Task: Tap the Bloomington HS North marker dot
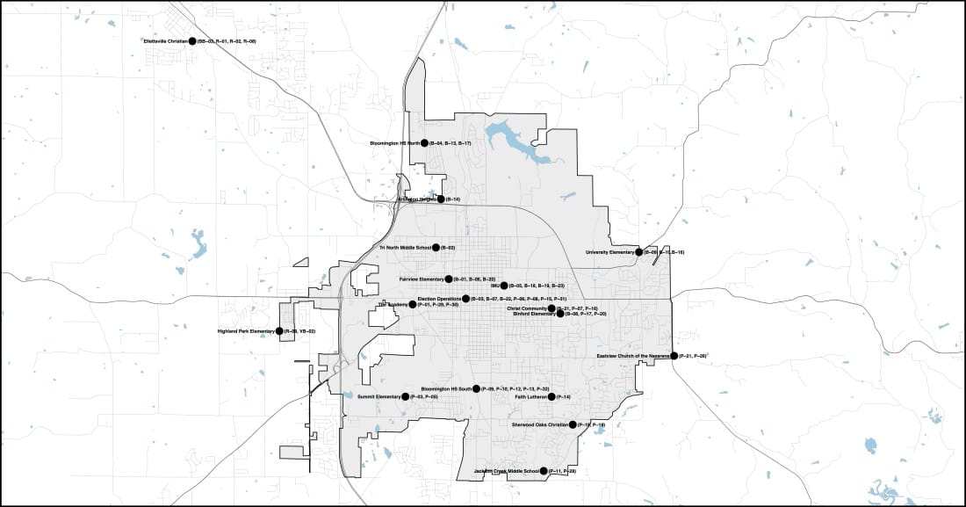424,142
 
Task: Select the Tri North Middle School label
405,248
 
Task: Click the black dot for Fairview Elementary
449,279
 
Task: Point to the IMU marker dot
504,286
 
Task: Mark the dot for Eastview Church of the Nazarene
674,356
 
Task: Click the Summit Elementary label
378,397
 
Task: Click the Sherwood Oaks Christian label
539,424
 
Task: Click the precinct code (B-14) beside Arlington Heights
452,199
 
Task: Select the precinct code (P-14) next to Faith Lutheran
564,397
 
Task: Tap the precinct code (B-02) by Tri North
447,248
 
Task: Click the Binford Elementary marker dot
560,314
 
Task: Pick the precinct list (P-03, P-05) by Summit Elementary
424,397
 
